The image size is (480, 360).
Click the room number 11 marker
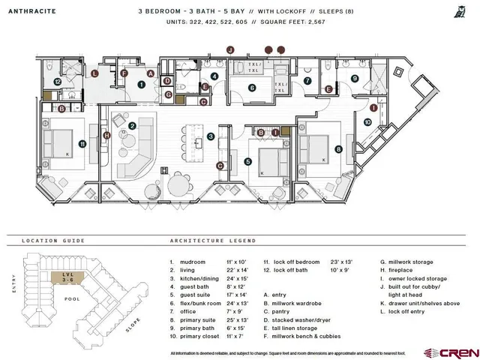(82, 143)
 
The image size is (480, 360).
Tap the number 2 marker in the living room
(132, 126)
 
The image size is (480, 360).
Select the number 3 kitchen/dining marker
(211, 136)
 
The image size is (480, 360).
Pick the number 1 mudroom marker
(139, 85)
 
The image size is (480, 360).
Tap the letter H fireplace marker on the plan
(107, 135)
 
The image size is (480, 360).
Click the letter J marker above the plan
(231, 49)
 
